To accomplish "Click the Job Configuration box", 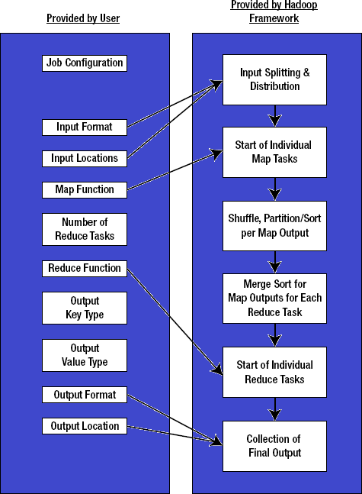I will point(85,63).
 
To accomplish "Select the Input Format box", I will point(85,127).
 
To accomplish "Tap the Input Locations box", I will point(85,158).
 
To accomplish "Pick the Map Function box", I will point(85,189).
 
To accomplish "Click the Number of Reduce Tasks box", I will point(85,229).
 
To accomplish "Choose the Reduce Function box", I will point(85,268).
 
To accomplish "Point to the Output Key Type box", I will point(85,308).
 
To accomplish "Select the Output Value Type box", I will point(85,355).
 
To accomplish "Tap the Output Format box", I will point(85,395).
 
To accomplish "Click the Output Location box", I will point(85,426).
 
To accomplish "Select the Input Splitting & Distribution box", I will point(274,79).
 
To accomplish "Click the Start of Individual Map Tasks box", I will point(274,152).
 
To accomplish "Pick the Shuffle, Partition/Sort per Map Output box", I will point(274,225).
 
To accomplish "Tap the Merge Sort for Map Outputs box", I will point(274,297).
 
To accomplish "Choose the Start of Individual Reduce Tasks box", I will point(274,372).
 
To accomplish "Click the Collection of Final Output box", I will point(274,446).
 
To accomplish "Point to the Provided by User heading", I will point(83,18).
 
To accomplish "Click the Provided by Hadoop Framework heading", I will point(274,11).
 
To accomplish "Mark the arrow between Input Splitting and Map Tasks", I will point(274,116).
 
